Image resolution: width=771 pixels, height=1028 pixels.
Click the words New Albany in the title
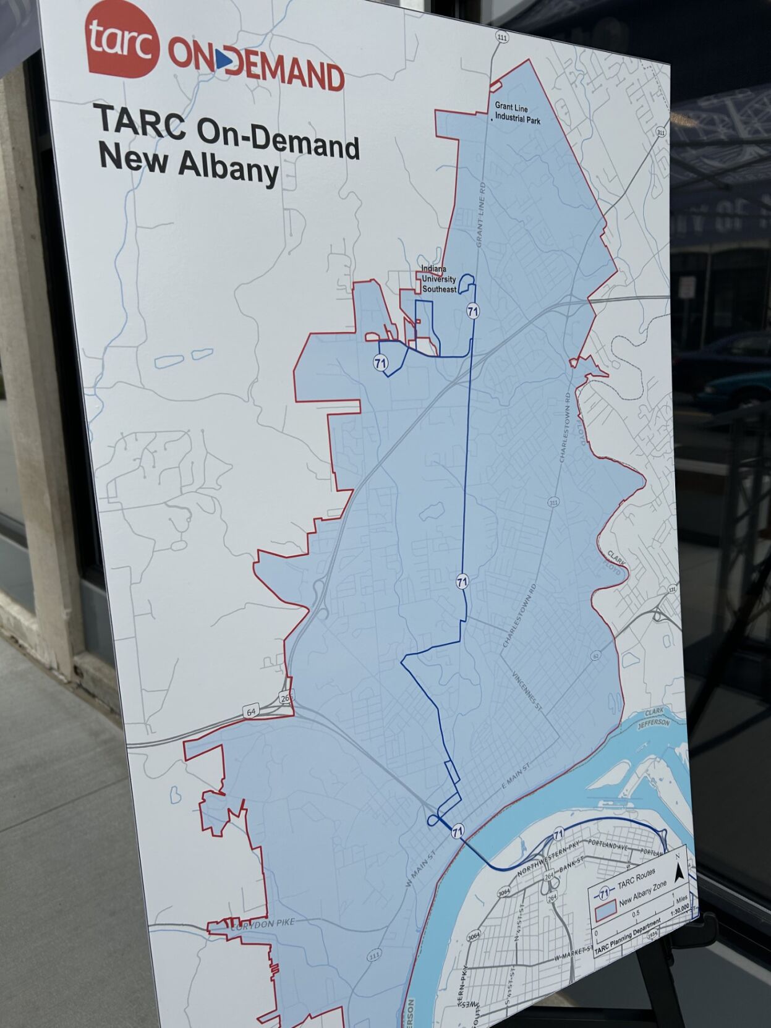[188, 164]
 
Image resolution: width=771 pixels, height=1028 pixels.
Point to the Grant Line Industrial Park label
[517, 113]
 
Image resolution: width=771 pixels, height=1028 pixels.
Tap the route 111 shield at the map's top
[501, 38]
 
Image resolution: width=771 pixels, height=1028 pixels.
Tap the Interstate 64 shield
[251, 712]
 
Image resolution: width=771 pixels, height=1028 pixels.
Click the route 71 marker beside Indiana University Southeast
[473, 311]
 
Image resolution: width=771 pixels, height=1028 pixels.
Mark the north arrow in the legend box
[679, 872]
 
